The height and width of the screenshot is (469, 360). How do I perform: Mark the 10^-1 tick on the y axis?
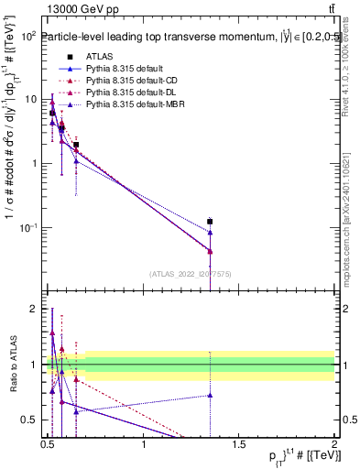point(28,227)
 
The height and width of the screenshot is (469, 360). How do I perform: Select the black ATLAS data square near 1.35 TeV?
point(210,222)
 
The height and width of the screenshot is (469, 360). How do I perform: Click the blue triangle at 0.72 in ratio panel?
point(210,395)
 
